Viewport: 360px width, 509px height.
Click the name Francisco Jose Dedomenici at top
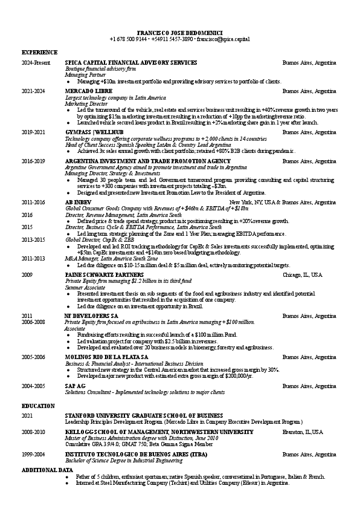coord(179,31)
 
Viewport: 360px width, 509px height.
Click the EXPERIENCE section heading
coord(40,53)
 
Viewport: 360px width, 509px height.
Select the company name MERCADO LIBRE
coord(88,91)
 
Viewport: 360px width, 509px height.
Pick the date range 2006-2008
coord(33,323)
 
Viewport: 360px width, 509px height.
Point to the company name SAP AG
coord(75,385)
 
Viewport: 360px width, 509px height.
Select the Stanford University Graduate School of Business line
coord(144,416)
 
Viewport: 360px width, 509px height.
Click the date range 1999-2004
coord(33,453)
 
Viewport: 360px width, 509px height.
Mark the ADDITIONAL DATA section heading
coord(47,470)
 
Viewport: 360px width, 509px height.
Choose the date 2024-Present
coord(36,62)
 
